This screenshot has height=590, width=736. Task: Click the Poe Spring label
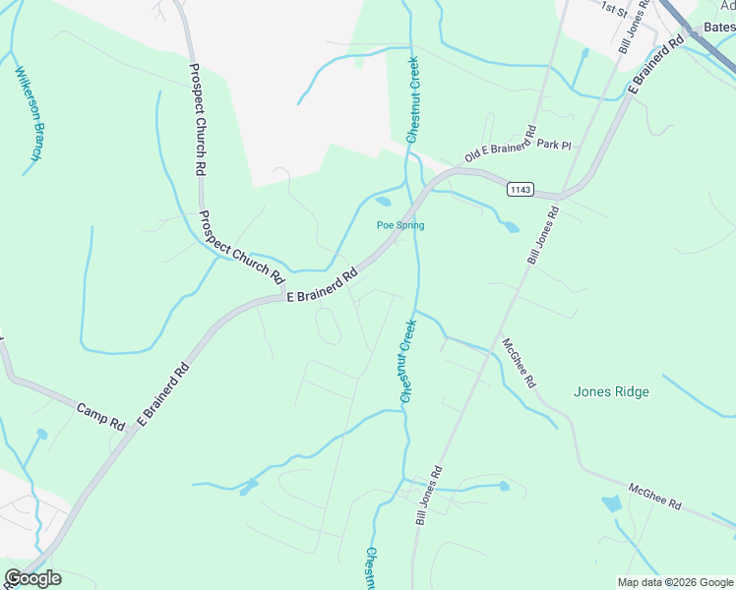coord(400,225)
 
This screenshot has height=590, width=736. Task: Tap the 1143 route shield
coord(521,189)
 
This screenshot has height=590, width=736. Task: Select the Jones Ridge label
coord(611,391)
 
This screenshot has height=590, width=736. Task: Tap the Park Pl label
coord(554,145)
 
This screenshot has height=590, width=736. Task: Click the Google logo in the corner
coord(32,577)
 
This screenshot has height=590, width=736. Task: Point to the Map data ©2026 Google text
coord(675,582)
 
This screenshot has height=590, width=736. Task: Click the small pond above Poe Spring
coord(383,203)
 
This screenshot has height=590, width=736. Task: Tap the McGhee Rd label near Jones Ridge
coord(519,362)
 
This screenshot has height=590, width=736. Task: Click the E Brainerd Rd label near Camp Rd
coord(163,396)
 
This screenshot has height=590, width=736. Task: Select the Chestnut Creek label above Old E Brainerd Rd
coord(413,98)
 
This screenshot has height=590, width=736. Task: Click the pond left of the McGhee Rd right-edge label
coord(611,504)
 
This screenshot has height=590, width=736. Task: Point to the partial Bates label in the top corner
coord(719,28)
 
